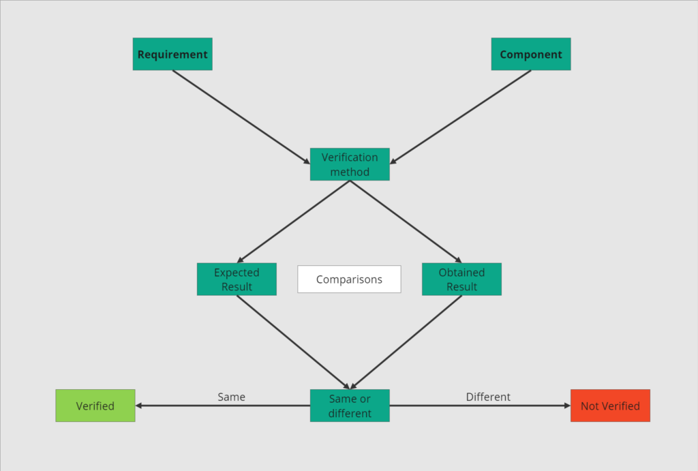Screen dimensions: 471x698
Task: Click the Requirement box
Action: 172,55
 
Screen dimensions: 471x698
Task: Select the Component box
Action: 531,55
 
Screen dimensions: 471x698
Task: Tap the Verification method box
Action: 350,164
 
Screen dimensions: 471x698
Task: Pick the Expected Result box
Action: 237,279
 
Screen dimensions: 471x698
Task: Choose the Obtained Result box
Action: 461,279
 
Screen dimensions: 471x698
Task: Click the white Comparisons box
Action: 349,279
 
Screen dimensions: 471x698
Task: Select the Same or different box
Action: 350,406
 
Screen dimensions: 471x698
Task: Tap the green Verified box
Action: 95,406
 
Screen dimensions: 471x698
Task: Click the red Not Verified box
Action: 610,406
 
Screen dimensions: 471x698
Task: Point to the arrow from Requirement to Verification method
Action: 240,117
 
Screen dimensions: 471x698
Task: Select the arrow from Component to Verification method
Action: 461,117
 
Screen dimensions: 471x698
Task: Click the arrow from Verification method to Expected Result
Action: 294,222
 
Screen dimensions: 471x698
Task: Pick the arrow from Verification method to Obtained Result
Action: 406,222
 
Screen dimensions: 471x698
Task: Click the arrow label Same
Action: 232,397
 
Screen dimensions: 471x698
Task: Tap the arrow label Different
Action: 488,397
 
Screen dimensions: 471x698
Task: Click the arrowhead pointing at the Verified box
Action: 139,406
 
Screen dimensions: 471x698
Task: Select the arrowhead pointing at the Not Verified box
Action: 566,406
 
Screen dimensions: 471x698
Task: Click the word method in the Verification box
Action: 350,172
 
